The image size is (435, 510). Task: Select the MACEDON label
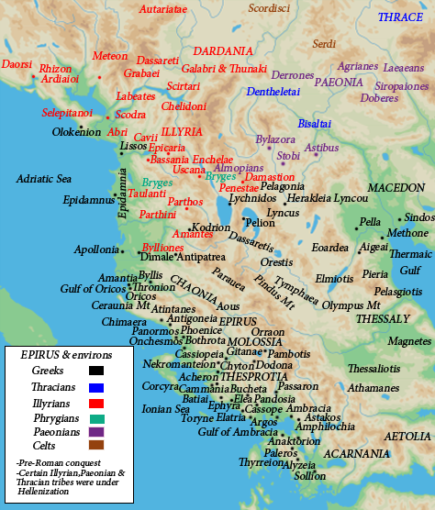click(x=396, y=187)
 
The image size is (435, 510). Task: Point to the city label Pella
click(x=370, y=222)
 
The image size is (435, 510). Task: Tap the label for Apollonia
click(x=95, y=249)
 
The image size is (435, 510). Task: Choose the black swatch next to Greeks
click(x=96, y=371)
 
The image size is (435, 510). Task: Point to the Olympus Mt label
click(x=351, y=305)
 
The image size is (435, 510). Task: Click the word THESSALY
click(x=383, y=319)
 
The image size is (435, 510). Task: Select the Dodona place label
click(x=274, y=365)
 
